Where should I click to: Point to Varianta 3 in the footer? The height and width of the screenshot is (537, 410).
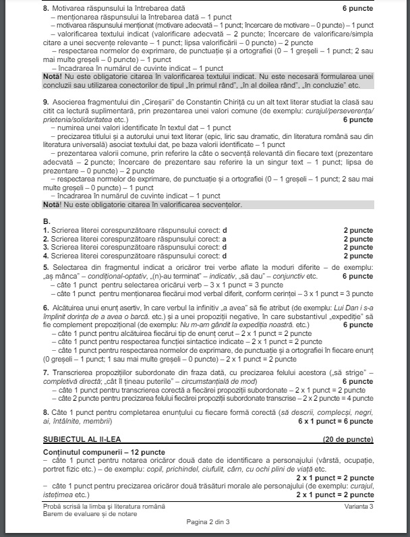[357, 506]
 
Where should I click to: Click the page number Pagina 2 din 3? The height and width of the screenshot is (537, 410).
[207, 521]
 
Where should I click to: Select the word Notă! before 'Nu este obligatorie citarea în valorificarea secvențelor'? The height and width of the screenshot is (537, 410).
[51, 204]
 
